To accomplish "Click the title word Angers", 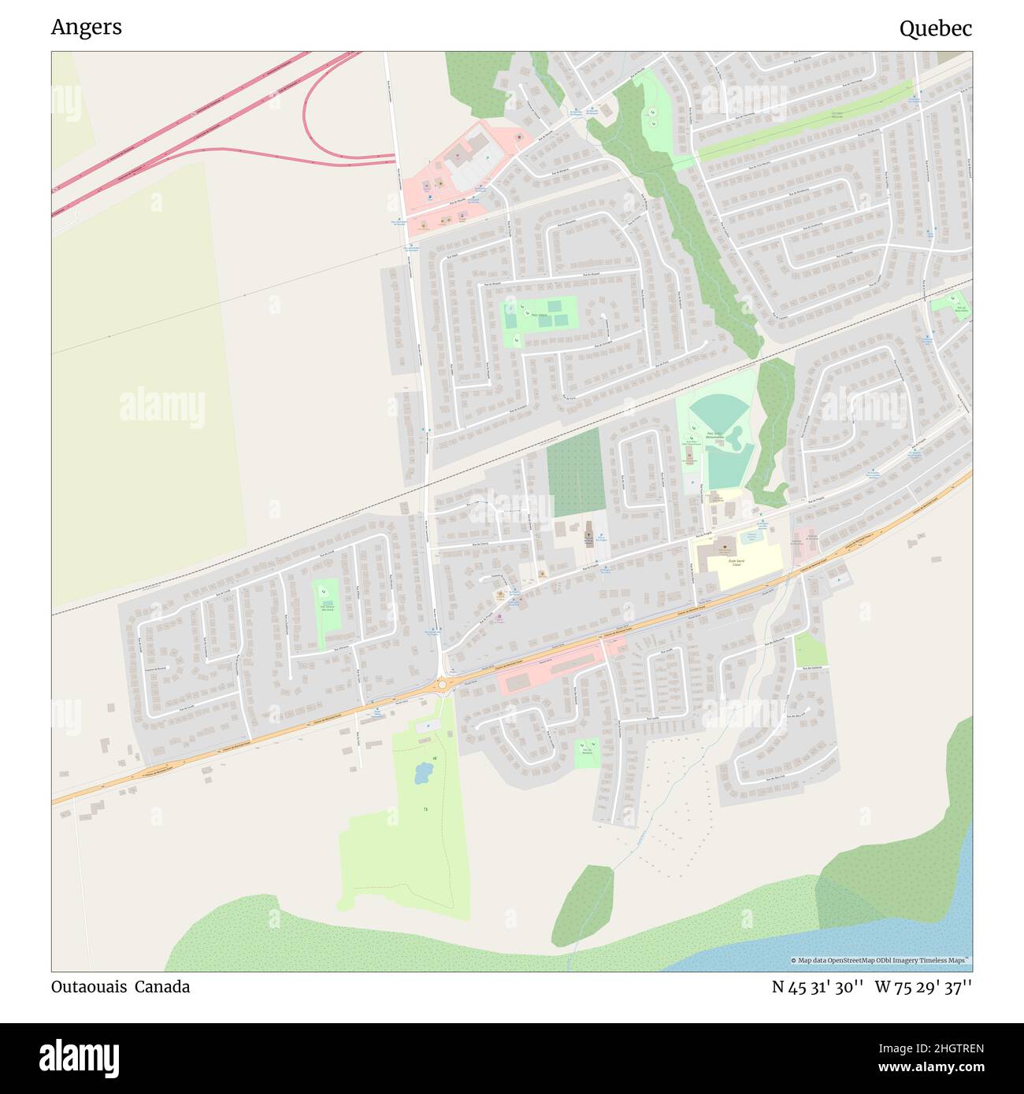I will [x=86, y=28].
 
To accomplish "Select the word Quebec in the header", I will [x=935, y=29].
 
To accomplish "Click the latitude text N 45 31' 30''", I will [x=818, y=987].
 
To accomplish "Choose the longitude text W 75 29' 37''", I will [x=922, y=987].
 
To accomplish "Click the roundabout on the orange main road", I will [x=442, y=685].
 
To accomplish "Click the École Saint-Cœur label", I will [x=736, y=562].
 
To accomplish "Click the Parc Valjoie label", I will [x=540, y=315].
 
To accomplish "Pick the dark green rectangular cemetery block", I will [x=574, y=472].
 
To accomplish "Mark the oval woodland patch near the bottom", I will [x=583, y=905].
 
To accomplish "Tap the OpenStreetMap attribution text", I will [x=881, y=961].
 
